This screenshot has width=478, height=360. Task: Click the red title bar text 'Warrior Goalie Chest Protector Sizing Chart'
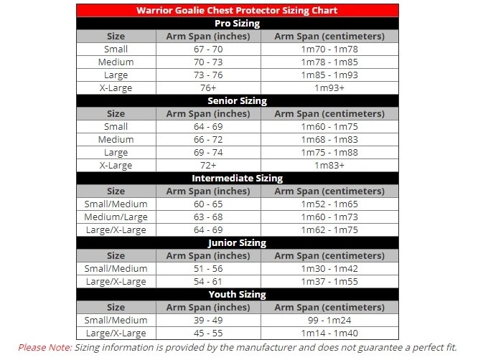click(237, 10)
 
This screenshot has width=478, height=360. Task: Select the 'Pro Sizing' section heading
click(237, 23)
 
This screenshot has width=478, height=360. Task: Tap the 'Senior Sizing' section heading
click(237, 100)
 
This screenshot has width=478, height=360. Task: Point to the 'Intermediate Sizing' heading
click(237, 178)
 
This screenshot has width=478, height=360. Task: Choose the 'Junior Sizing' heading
click(237, 242)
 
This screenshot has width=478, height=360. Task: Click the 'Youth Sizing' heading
click(237, 294)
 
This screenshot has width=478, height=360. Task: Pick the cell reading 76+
click(207, 87)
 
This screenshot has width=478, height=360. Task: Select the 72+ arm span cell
click(207, 165)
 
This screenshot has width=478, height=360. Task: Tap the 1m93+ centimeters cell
click(329, 87)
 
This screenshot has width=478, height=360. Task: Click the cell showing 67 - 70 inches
click(207, 49)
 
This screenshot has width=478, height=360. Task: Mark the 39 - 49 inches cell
click(207, 320)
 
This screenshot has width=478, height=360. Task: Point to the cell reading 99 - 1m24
click(329, 320)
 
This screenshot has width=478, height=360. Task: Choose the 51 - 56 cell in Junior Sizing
click(207, 268)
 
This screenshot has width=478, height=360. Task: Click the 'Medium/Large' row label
click(116, 217)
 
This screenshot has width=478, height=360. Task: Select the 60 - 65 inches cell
click(207, 204)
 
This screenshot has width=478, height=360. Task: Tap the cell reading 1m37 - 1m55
click(329, 281)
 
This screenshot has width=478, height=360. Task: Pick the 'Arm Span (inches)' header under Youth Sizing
click(207, 307)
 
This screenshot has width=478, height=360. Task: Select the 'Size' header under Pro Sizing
click(116, 36)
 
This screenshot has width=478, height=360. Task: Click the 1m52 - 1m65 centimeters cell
click(329, 204)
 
